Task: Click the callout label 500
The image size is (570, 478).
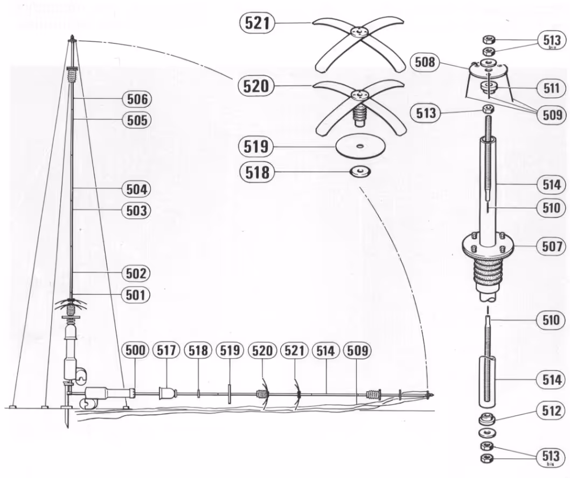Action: [135, 350]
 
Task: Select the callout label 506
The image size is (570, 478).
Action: [137, 99]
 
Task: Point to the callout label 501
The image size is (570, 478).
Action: [136, 295]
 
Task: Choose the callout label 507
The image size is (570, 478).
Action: [552, 247]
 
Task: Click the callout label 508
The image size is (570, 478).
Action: [425, 62]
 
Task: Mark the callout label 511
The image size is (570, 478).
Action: [552, 88]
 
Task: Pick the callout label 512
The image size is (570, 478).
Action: [552, 411]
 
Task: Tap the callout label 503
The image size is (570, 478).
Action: [136, 210]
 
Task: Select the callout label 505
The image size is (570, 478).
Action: [137, 120]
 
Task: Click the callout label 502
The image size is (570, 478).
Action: [136, 273]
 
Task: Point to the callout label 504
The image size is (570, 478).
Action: [137, 189]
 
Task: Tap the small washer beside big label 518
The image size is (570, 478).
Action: [360, 171]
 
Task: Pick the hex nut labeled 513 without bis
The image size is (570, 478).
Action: [488, 108]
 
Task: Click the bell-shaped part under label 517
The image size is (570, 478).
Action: [167, 393]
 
